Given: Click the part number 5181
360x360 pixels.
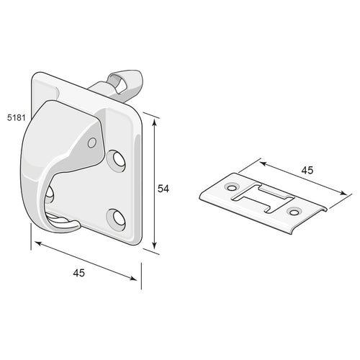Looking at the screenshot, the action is click(x=17, y=117).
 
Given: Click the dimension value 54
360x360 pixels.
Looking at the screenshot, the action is click(x=163, y=189).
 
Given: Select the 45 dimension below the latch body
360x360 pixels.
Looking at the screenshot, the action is click(x=79, y=273).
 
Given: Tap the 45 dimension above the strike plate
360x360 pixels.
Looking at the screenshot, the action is click(x=307, y=170).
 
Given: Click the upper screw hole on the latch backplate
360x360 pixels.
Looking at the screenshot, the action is click(x=118, y=159).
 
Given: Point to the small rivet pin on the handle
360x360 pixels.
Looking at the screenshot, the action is click(x=92, y=143).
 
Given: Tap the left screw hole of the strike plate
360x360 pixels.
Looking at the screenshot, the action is click(x=232, y=187).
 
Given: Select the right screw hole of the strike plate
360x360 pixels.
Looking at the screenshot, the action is click(x=294, y=212).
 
